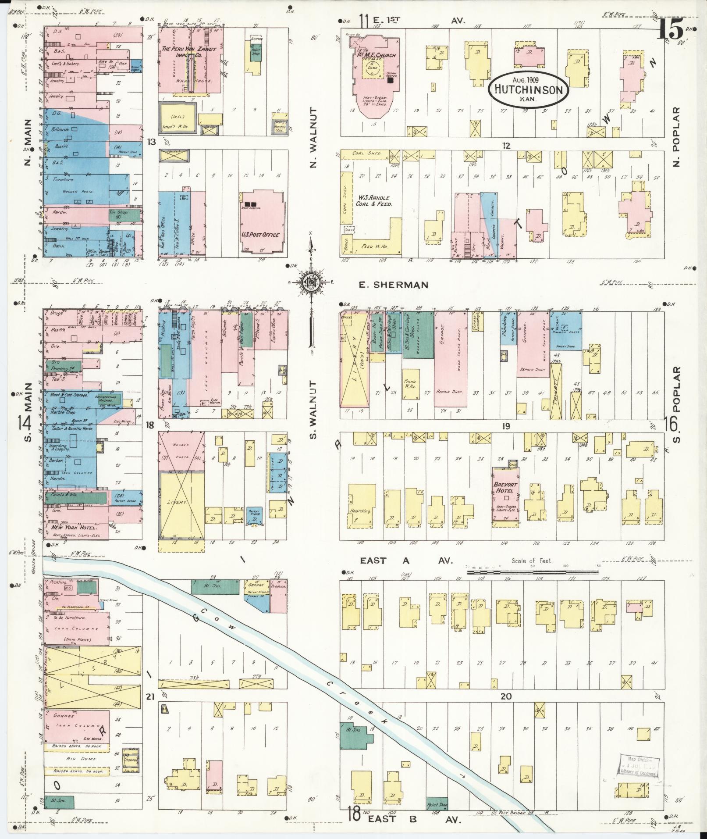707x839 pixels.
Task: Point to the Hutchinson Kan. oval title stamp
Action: click(x=528, y=89)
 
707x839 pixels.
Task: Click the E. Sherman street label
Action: click(x=394, y=285)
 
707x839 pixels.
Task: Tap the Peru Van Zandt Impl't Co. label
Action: click(x=189, y=53)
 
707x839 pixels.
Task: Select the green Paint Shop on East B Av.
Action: click(x=437, y=803)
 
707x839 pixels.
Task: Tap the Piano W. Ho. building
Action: click(x=411, y=383)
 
